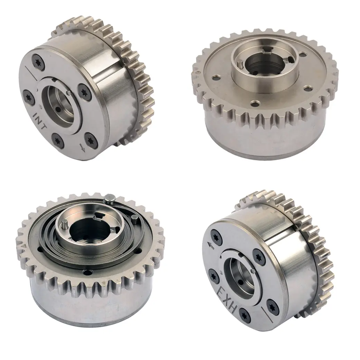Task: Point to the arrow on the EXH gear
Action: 210,246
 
